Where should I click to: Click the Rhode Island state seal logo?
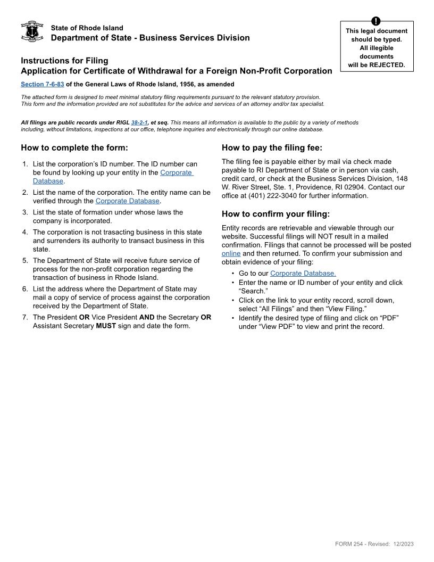[x=31, y=32]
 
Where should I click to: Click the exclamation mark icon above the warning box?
[x=376, y=21]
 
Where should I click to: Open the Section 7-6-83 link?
[x=42, y=84]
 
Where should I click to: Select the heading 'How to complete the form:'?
[x=74, y=147]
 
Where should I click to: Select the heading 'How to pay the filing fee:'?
[x=272, y=147]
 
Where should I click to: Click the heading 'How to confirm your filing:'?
[x=276, y=214]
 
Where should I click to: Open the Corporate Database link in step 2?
[x=127, y=201]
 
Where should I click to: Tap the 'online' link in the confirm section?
[x=231, y=253]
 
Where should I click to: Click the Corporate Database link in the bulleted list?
[x=303, y=274]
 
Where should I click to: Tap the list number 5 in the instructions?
[x=24, y=260]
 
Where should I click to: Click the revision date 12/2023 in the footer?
[x=404, y=544]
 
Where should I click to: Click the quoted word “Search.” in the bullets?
[x=253, y=291]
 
